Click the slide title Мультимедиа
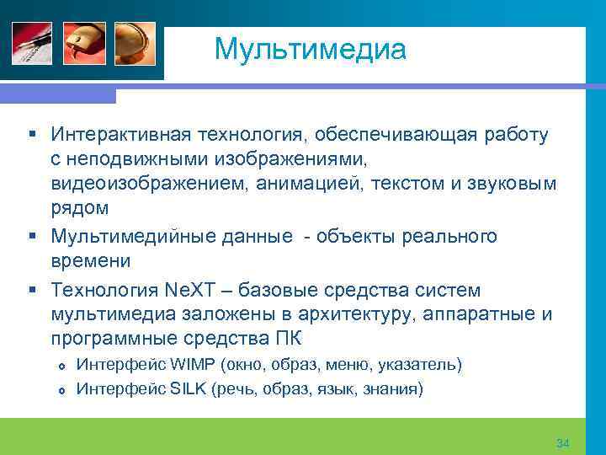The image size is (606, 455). pyautogui.click(x=310, y=49)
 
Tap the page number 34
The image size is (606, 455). pyautogui.click(x=563, y=443)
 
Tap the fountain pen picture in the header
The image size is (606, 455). pyautogui.click(x=31, y=42)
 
